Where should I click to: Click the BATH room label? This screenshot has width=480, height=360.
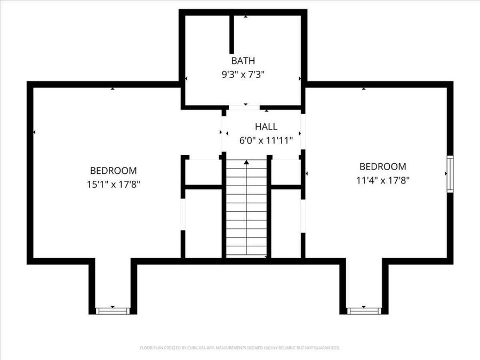[x=243, y=61]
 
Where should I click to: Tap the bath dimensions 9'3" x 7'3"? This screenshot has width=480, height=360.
[x=243, y=75]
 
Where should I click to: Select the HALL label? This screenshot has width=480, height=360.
[x=266, y=127]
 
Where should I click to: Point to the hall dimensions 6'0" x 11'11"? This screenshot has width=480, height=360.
[x=266, y=141]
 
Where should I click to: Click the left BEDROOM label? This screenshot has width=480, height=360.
[x=113, y=171]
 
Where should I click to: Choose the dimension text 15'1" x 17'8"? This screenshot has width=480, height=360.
[x=113, y=184]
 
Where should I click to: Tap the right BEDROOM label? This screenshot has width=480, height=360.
[x=382, y=166]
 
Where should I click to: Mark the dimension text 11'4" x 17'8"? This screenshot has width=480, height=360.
[x=382, y=180]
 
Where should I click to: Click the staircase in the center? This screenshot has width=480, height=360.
[x=246, y=213]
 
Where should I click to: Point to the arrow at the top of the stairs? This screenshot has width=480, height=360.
[x=246, y=162]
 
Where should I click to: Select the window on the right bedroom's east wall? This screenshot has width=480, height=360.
[x=450, y=174]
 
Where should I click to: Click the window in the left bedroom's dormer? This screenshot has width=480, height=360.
[x=113, y=310]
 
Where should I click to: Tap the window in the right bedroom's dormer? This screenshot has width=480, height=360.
[x=364, y=310]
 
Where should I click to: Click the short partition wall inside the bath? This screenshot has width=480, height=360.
[x=232, y=35]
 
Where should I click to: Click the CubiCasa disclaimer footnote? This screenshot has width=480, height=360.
[x=240, y=348]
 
